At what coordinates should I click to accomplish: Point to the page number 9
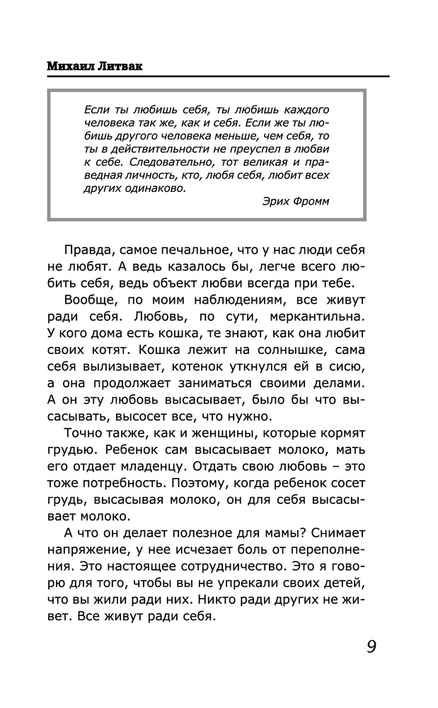[x=371, y=647]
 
